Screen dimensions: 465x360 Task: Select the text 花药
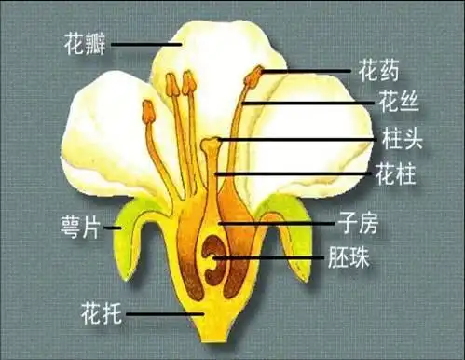tap(378, 69)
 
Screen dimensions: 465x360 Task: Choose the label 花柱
tap(394, 173)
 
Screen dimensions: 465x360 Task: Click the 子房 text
tap(360, 224)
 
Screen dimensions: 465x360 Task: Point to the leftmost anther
tap(148, 113)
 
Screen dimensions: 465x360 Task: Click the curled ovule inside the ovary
tap(213, 258)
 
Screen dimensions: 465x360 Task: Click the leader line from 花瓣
tap(144, 44)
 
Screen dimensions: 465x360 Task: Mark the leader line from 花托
tap(164, 314)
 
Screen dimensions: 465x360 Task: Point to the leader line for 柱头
tap(298, 140)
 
